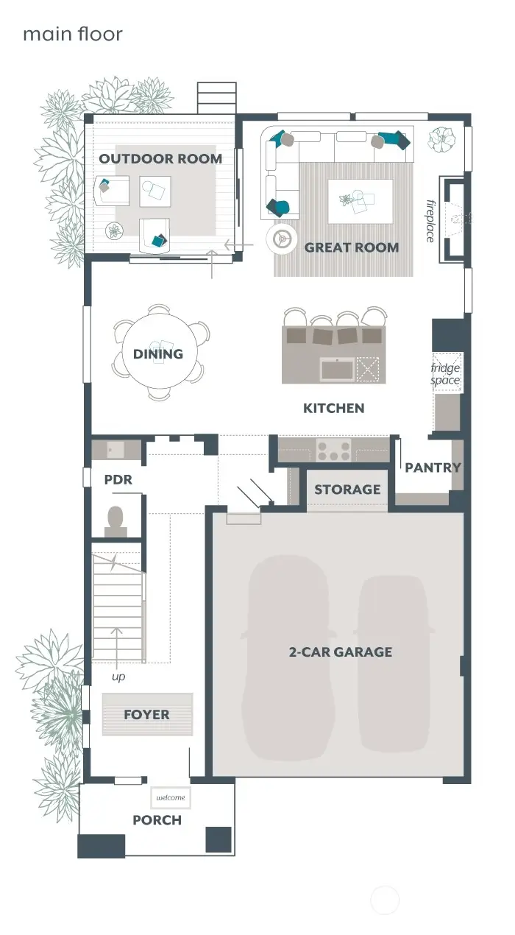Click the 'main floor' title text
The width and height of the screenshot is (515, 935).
(x=72, y=34)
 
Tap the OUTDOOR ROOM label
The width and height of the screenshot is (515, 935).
(x=160, y=158)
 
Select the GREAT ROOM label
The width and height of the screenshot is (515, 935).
(x=352, y=247)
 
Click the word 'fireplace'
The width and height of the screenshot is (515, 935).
(x=430, y=220)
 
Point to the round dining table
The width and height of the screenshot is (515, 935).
(x=158, y=353)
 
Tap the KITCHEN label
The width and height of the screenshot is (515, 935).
(x=333, y=408)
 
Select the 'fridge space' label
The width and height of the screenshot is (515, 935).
(x=445, y=374)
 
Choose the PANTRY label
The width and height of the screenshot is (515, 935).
(x=433, y=467)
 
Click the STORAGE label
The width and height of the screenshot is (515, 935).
(x=347, y=490)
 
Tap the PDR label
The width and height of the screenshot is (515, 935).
(x=118, y=479)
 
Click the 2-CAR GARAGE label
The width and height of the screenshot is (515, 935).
(x=339, y=652)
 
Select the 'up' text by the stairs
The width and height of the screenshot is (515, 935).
(x=118, y=676)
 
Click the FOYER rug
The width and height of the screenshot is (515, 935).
(x=147, y=714)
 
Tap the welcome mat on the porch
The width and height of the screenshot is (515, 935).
(x=170, y=797)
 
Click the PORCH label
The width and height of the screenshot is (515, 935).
(x=157, y=819)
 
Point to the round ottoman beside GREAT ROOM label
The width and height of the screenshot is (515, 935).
(x=280, y=238)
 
